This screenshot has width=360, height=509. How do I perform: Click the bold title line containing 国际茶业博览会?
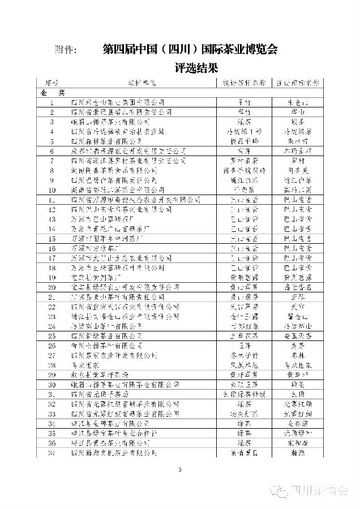coord(191,49)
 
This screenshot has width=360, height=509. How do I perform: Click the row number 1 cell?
coord(52,102)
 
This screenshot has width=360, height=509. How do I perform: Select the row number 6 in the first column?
coord(52,151)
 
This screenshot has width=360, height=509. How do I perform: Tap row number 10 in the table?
coord(52,190)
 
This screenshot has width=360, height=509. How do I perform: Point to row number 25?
coord(52,336)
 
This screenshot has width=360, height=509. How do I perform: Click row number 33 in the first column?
coord(52,414)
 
